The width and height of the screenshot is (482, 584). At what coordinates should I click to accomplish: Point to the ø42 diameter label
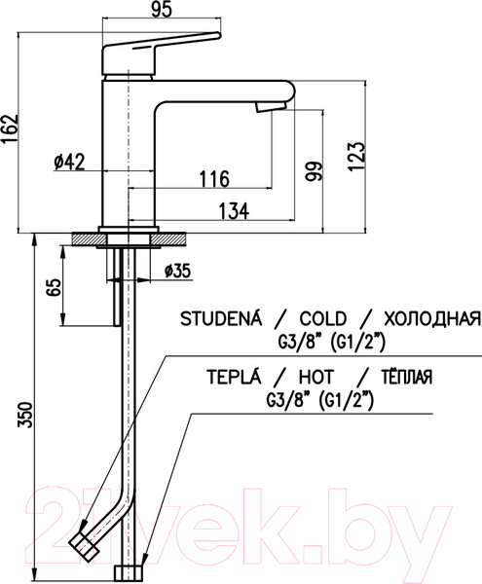pyautogui.click(x=69, y=164)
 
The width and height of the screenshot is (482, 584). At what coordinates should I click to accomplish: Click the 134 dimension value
pyautogui.click(x=231, y=210)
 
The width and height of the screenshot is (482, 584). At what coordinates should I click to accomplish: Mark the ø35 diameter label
pyautogui.click(x=175, y=272)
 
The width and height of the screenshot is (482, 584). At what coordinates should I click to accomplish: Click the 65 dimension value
pyautogui.click(x=51, y=289)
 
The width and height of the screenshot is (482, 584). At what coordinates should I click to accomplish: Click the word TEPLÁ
pyautogui.click(x=232, y=378)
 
